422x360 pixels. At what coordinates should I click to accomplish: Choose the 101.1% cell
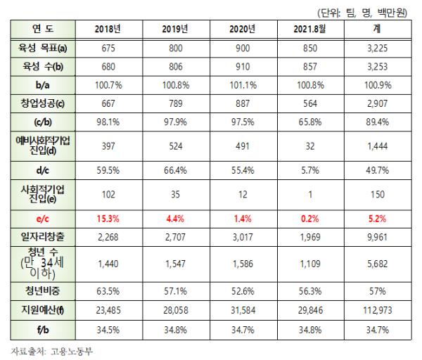pos(242,86)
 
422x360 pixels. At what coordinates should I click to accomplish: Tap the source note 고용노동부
pos(73,350)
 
